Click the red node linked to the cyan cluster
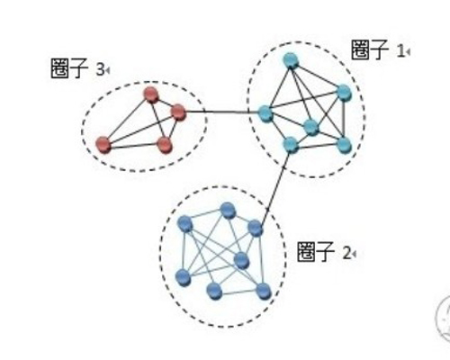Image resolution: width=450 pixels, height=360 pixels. click(178, 112)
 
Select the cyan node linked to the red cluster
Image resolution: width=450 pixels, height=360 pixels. click(265, 113)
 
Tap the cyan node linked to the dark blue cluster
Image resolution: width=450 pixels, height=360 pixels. click(291, 145)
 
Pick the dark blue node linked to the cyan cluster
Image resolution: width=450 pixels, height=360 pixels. click(256, 229)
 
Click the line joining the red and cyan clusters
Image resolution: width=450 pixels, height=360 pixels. click(222, 112)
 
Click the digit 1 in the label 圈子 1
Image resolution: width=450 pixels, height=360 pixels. click(400, 51)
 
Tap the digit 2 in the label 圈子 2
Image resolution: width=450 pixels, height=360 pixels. click(346, 254)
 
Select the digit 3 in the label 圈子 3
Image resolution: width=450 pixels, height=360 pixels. click(100, 70)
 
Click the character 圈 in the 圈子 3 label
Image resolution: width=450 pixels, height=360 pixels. click(60, 68)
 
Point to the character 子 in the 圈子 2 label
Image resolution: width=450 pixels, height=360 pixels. click(325, 252)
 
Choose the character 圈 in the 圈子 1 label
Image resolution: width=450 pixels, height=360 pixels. click(361, 49)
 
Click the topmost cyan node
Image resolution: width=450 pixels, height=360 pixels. click(291, 61)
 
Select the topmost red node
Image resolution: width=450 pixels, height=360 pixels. click(151, 95)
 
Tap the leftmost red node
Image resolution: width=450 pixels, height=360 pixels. click(103, 145)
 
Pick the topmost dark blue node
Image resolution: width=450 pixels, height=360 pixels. click(228, 211)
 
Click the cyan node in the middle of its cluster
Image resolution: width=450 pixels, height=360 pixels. click(311, 128)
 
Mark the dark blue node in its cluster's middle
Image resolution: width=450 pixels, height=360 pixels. click(241, 261)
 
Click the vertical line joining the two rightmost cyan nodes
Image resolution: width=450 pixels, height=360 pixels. click(344, 119)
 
